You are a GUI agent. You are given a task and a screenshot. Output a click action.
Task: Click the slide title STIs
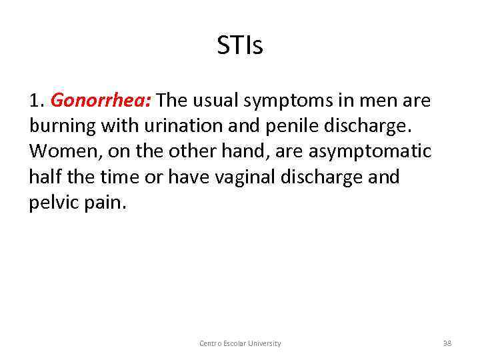[240, 46]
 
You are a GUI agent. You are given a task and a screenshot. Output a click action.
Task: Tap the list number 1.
[36, 101]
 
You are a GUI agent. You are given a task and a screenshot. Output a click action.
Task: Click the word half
[45, 177]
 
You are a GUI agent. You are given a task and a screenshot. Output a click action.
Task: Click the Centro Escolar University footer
[240, 343]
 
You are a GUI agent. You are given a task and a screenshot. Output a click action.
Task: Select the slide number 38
[447, 343]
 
